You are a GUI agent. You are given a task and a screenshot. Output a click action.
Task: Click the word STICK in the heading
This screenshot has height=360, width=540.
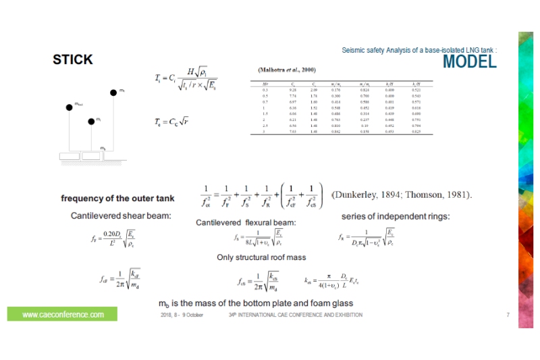coord(73,60)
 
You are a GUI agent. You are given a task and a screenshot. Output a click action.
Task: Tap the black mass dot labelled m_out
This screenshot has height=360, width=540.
coord(69,107)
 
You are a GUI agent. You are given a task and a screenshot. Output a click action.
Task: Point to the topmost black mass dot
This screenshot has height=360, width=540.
coord(113,93)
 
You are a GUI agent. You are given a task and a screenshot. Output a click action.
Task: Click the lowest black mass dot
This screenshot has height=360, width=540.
coord(90,122)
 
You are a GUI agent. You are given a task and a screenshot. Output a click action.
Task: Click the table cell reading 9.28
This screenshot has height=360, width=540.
coord(292,89)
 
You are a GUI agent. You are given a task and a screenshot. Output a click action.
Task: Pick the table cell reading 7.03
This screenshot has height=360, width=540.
coord(292,132)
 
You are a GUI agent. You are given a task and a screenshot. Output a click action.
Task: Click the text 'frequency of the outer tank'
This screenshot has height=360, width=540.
coord(117,199)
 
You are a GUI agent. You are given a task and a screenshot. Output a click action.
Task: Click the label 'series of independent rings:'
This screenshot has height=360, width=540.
coord(396,216)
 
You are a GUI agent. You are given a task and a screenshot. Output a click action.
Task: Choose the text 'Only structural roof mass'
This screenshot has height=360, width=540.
coord(262,257)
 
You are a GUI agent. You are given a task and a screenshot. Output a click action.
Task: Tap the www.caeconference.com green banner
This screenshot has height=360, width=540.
coord(63,315)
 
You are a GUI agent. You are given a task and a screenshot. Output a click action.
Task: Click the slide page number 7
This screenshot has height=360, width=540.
coord(508,315)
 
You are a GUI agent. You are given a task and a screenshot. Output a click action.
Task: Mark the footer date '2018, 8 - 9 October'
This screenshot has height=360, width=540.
coord(182,315)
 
